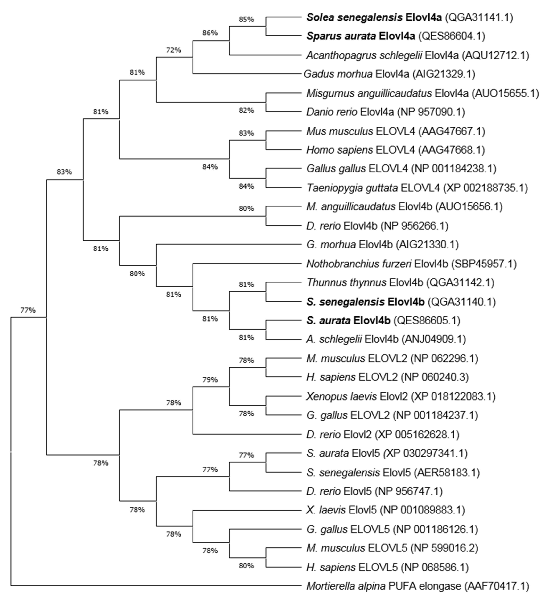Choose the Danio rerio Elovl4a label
[x=350, y=112]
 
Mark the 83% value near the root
[x=64, y=172]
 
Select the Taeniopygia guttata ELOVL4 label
[x=373, y=188]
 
